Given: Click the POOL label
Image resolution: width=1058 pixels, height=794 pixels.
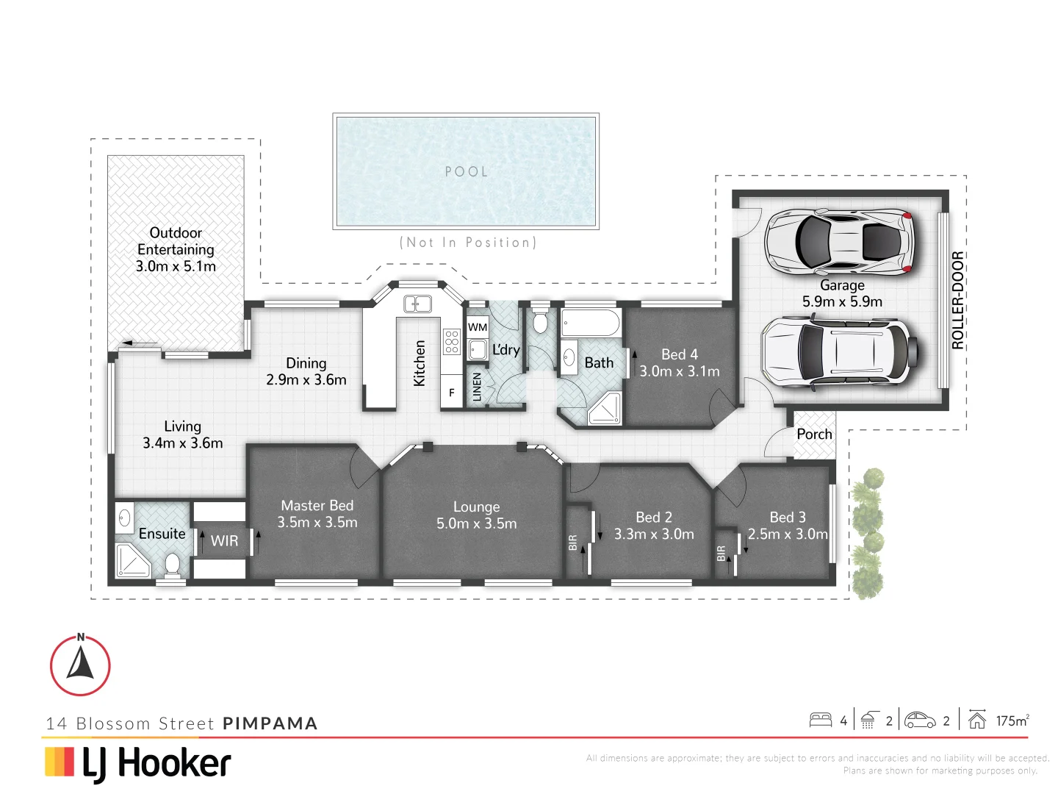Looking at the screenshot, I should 467,172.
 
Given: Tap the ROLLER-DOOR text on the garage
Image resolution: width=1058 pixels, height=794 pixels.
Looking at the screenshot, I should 957,300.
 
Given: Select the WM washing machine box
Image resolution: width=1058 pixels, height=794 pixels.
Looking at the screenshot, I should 478,327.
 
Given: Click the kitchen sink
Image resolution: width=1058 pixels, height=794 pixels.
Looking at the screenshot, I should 417,304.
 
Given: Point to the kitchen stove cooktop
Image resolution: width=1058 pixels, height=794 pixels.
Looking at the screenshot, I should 451,342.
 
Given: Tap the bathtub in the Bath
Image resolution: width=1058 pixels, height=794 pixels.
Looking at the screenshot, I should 591,323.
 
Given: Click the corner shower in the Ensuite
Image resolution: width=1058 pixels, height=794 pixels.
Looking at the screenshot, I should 133,560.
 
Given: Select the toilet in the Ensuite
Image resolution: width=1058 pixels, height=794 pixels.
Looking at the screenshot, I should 173,565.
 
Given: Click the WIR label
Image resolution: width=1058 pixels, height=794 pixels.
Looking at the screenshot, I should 224,541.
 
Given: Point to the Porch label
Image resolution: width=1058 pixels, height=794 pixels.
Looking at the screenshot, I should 814,434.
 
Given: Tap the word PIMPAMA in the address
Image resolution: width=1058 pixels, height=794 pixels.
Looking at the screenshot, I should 270,723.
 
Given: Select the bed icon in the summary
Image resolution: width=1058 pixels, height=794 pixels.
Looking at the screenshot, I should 820,720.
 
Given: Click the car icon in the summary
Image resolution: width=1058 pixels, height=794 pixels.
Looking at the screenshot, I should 920,720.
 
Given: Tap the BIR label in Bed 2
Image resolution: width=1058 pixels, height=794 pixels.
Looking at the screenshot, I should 573,543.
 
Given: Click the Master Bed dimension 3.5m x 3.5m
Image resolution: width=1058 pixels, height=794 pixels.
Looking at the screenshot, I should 317,523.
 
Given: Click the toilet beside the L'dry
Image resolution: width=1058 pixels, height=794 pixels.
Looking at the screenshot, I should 540,322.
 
